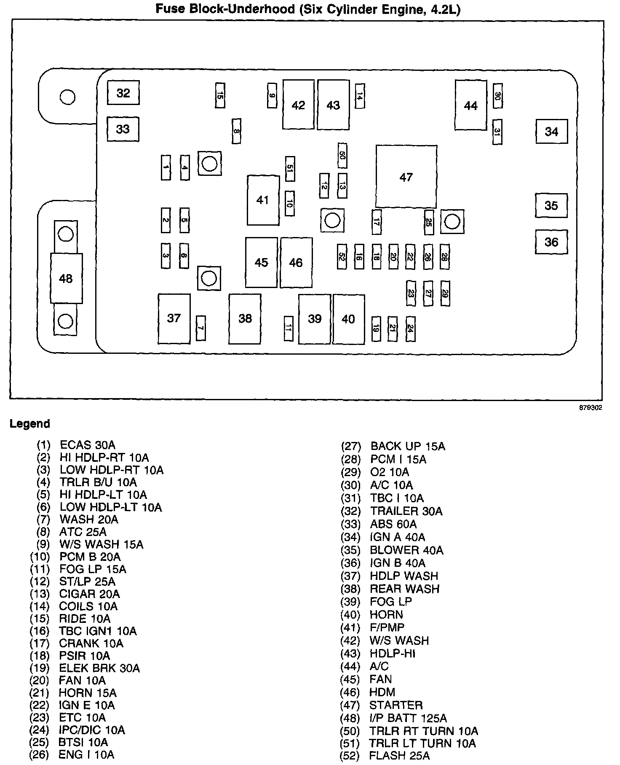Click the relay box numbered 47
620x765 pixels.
(x=406, y=177)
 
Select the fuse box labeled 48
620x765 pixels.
(x=66, y=278)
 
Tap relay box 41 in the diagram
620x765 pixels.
(x=263, y=200)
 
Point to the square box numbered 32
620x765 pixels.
(x=123, y=93)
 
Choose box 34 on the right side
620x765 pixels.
(x=551, y=132)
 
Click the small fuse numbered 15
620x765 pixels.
(x=219, y=95)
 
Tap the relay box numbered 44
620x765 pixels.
(x=470, y=105)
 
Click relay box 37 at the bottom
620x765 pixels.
(x=174, y=318)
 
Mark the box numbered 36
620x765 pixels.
(x=551, y=242)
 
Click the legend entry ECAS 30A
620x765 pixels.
(x=88, y=445)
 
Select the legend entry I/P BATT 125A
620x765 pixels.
(x=408, y=718)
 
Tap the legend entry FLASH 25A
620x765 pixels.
(x=399, y=756)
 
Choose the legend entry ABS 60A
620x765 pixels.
(x=393, y=524)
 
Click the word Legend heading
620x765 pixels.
(x=30, y=423)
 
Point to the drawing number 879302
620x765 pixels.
(x=590, y=408)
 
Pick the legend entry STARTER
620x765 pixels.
(x=396, y=705)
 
